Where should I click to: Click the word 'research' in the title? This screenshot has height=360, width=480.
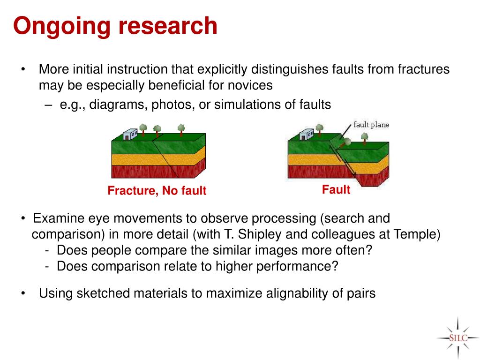point(168,26)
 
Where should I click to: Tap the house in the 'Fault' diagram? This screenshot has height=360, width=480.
point(306,135)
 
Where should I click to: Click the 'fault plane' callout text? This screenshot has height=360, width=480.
point(371,125)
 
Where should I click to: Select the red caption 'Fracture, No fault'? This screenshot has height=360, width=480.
point(157,191)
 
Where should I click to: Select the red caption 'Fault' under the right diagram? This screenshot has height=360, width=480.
point(336,190)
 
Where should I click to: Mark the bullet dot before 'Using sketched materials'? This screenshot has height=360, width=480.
point(24,294)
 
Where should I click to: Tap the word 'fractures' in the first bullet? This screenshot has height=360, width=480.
point(423,69)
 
